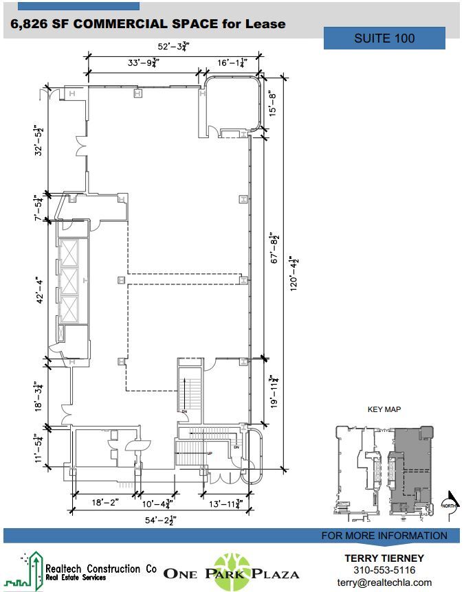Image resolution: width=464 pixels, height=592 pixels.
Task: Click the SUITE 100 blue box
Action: [x=384, y=38]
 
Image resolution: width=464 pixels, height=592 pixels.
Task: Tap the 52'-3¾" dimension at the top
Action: [x=173, y=47]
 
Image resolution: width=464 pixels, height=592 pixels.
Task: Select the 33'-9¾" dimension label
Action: [x=144, y=62]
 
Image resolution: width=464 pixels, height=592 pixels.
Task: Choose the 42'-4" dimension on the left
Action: [x=41, y=290]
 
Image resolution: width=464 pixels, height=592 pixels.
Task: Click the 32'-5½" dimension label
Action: [x=41, y=140]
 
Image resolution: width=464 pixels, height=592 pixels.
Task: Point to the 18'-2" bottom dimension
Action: [x=105, y=503]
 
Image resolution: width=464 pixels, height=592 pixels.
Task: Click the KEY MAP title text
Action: [x=384, y=410]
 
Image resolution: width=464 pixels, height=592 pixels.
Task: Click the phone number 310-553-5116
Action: [x=384, y=571]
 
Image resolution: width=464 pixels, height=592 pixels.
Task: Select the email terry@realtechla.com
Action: [x=384, y=583]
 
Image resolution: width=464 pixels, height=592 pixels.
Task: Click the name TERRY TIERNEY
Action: [x=384, y=558]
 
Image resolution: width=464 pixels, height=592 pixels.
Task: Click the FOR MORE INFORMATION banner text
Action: [x=384, y=536]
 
